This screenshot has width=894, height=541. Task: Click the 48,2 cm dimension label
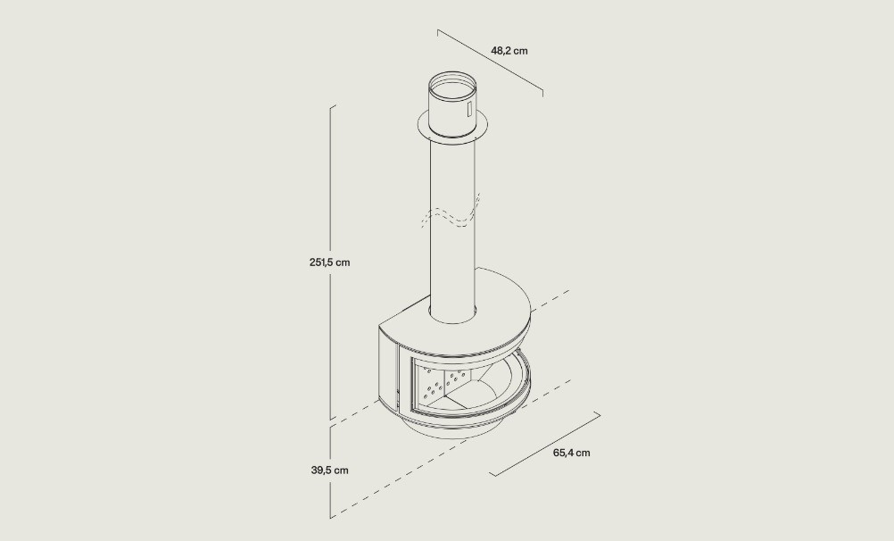tap(509, 51)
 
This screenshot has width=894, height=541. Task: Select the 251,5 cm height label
tap(329, 262)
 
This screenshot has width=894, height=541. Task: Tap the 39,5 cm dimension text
tap(329, 470)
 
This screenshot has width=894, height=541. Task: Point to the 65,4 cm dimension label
tap(571, 454)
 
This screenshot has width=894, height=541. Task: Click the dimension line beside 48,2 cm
tap(491, 60)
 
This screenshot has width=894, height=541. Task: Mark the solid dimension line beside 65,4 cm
tap(545, 444)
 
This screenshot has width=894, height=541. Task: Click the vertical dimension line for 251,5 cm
tap(331, 262)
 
